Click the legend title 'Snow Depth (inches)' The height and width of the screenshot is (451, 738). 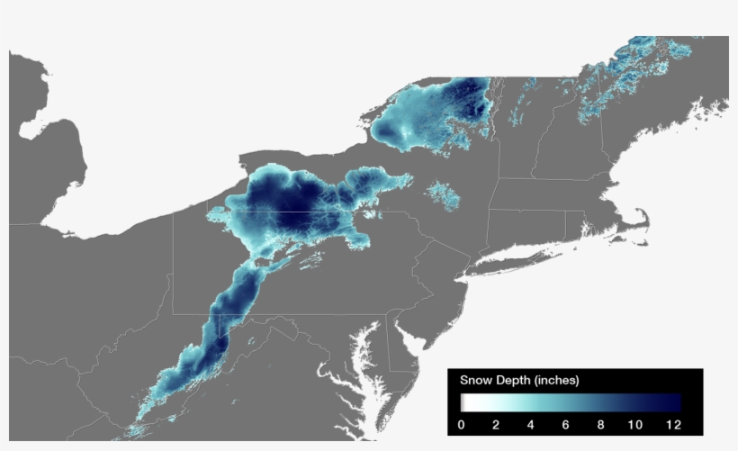[x=519, y=381]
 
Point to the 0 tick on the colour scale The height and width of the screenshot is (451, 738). [x=461, y=424]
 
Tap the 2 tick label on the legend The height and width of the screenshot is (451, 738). [x=495, y=424]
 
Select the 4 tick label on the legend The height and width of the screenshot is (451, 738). [x=531, y=424]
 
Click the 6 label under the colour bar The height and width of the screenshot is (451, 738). [x=566, y=424]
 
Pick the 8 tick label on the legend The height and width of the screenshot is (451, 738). [x=600, y=424]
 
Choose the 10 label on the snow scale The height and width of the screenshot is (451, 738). [x=634, y=424]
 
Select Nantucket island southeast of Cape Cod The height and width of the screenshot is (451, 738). [x=643, y=244]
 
